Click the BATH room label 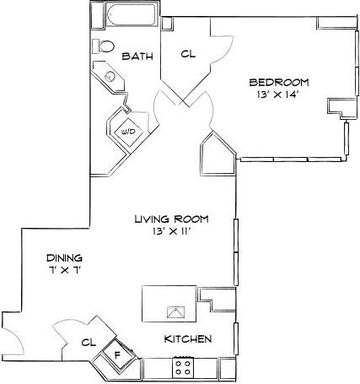pos(137,57)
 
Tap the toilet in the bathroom pos(105,46)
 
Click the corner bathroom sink pos(110,77)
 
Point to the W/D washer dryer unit pos(128,132)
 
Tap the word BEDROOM pos(279,82)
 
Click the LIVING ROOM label pos(171,219)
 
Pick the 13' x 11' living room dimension pos(171,232)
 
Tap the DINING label pos(64,257)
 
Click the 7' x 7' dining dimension pos(64,270)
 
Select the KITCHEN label pos(187,339)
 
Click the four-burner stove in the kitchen pos(182,367)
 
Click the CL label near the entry pos(87,343)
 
